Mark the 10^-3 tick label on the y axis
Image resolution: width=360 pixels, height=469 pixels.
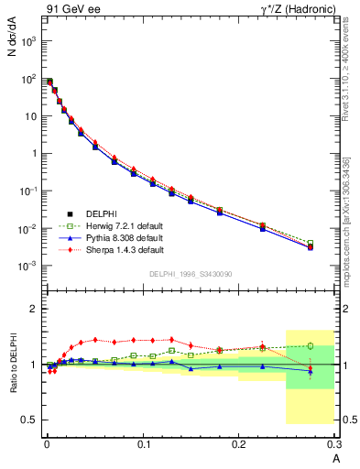(x=28, y=266)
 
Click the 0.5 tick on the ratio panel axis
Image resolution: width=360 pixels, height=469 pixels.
(x=28, y=420)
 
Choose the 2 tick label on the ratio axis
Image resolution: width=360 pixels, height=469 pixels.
(x=34, y=310)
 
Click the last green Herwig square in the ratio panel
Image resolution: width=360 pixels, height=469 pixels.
(x=310, y=346)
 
